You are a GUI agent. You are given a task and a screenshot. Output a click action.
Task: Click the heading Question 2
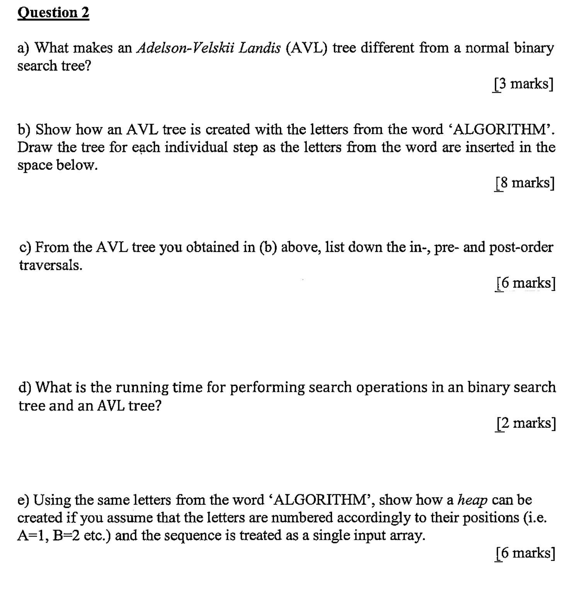click(x=53, y=13)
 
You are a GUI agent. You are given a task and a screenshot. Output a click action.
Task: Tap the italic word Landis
click(x=260, y=48)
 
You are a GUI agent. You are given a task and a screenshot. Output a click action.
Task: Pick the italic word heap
click(x=472, y=500)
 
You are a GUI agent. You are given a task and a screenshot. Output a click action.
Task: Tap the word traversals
click(x=51, y=266)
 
